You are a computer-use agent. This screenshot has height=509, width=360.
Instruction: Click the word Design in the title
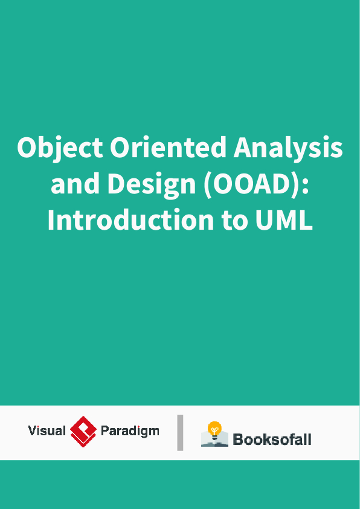[x=151, y=184]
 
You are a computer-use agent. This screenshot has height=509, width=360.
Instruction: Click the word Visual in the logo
[x=47, y=431]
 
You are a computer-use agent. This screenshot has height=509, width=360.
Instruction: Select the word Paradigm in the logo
[x=130, y=432]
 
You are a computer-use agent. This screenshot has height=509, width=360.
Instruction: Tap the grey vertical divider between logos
[x=180, y=432]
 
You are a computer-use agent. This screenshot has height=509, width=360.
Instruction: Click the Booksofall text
[x=272, y=439]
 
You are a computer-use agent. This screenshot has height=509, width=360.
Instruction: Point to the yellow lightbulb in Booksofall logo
[x=214, y=429]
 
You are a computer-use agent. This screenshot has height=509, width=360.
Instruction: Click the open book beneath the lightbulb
[x=214, y=441]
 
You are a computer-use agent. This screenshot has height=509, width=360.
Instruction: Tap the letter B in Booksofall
[x=238, y=439]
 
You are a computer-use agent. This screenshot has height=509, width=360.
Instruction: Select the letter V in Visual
[x=33, y=431]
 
